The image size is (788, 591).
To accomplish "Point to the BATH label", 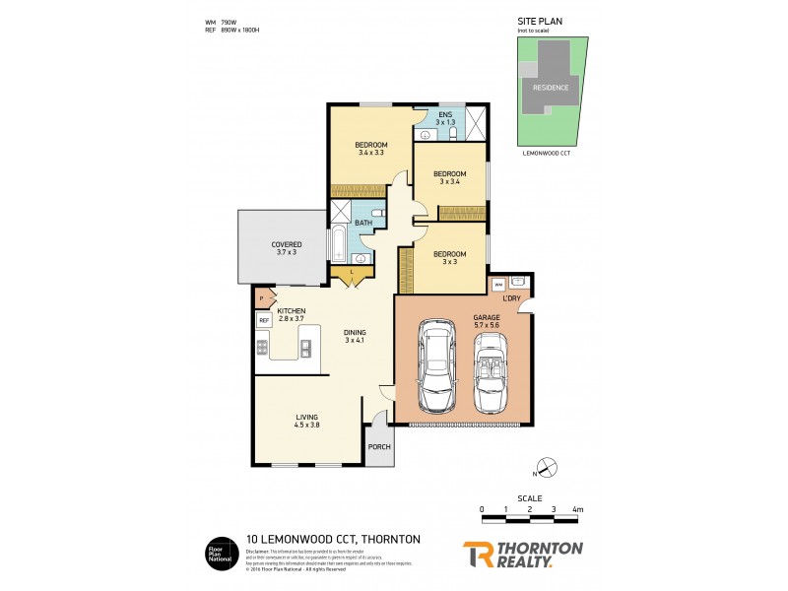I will (362, 223).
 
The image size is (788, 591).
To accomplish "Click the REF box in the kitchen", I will (264, 321).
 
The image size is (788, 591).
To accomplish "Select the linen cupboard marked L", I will (352, 271).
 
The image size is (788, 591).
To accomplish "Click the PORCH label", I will (379, 446).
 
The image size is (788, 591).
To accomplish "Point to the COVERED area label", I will (287, 244).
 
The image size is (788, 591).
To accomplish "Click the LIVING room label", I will (306, 419).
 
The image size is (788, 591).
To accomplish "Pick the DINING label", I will (355, 333).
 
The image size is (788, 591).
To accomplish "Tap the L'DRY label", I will (511, 297).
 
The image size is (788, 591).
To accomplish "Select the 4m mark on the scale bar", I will (577, 509).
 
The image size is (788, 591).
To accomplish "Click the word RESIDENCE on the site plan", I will (551, 87).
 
